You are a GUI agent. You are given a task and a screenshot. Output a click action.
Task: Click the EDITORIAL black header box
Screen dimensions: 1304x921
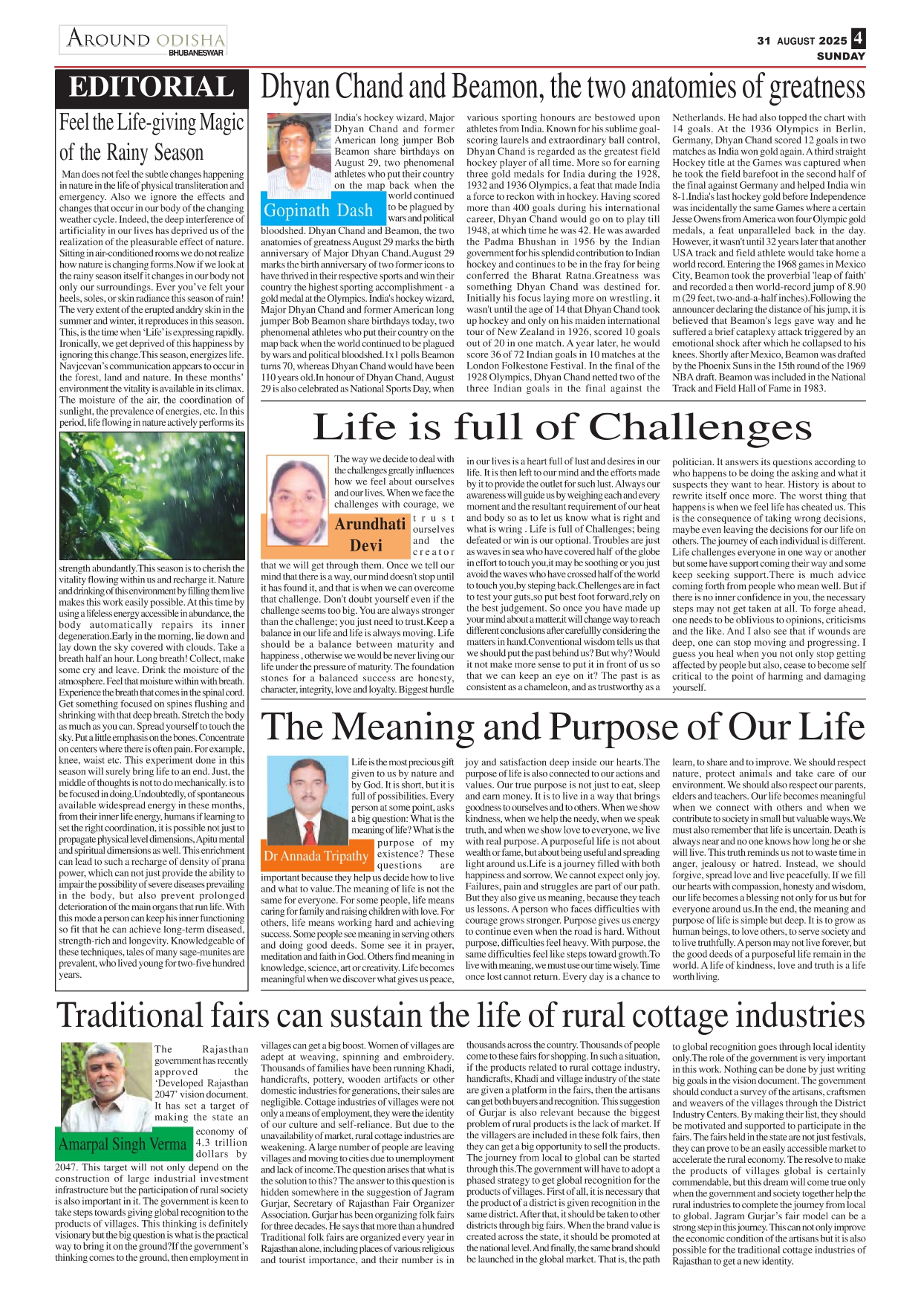152,87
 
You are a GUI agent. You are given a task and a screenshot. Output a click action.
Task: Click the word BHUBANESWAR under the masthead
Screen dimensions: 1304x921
196,53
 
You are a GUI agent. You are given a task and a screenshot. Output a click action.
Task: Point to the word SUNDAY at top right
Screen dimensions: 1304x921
841,56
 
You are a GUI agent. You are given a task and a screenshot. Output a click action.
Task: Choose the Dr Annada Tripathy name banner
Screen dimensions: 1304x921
316,856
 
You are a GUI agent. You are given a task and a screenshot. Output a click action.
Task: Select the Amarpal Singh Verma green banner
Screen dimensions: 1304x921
123,1144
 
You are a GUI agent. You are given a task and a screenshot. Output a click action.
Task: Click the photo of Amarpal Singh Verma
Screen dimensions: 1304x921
105,1086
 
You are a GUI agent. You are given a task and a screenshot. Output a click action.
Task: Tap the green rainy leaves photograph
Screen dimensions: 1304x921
152,496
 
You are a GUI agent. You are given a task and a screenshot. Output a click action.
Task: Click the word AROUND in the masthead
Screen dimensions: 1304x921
108,39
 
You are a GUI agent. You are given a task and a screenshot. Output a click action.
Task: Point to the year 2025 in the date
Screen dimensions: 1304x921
834,41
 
